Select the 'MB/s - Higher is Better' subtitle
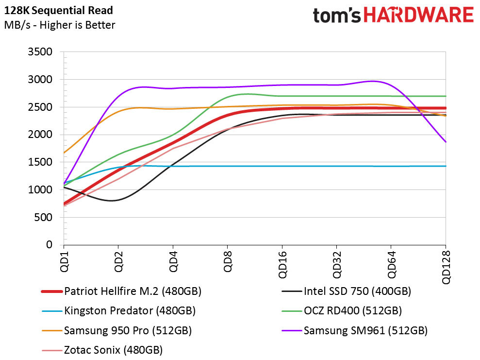[60, 25]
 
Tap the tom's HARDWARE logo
[393, 15]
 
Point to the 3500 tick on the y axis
[42, 52]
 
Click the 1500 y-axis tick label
[42, 162]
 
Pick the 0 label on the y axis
[49, 245]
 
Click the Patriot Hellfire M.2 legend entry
[132, 291]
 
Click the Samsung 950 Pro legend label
[128, 331]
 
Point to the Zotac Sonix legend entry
[113, 350]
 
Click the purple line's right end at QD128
[446, 142]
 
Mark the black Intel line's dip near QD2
[112, 200]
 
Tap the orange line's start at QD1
[64, 153]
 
